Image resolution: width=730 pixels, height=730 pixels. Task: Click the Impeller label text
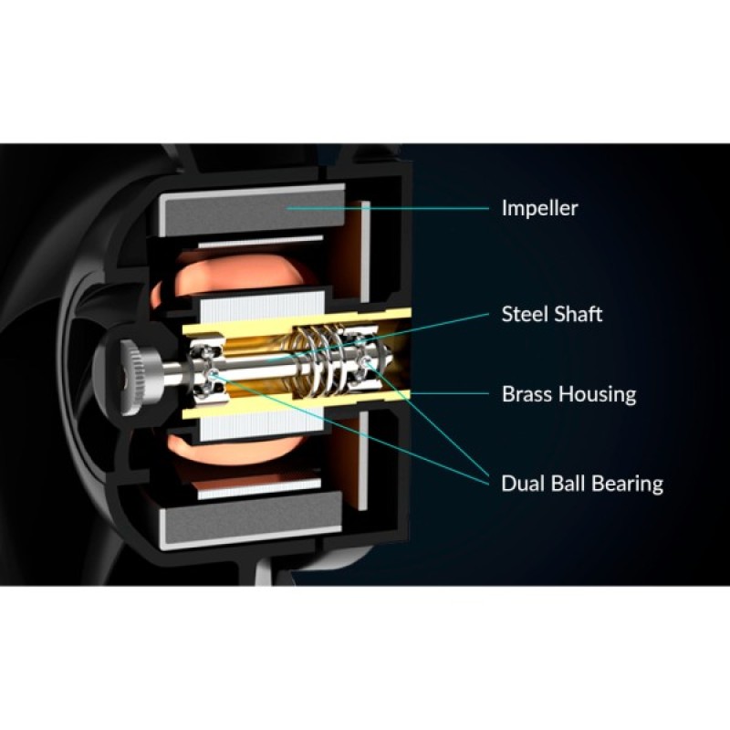pos(539,208)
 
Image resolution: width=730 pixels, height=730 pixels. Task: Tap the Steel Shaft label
pos(552,314)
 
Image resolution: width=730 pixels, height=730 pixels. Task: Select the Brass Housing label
pos(568,394)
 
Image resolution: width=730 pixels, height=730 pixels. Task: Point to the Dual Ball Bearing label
pos(582,484)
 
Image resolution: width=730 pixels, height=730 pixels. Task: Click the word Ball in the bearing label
pos(565,483)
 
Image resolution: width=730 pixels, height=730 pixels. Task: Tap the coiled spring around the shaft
pos(321,360)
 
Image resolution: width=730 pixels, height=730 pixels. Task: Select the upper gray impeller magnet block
pos(252,210)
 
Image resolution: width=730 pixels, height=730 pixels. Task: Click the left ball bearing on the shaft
pos(208,371)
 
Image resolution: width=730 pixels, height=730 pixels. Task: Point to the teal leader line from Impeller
pos(388,208)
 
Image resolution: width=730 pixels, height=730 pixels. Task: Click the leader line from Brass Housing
pos(450,394)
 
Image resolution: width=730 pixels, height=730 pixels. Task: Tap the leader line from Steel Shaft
pos(379,337)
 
